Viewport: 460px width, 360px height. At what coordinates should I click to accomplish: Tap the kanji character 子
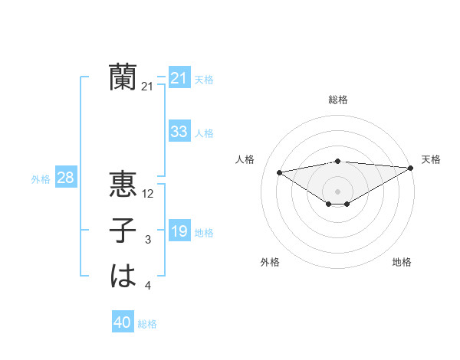[x=123, y=231]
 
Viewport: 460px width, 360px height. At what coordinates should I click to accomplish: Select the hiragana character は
[x=123, y=277]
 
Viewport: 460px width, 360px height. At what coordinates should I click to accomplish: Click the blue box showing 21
[x=179, y=78]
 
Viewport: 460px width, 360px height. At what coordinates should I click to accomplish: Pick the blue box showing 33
[x=179, y=132]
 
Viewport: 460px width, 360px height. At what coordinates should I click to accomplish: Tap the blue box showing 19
[x=179, y=231]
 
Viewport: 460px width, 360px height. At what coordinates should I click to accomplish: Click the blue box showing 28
[x=65, y=178]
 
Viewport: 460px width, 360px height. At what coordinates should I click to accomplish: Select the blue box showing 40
[x=123, y=322]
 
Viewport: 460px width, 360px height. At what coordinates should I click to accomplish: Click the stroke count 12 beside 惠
[x=149, y=194]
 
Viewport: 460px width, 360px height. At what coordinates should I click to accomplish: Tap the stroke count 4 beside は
[x=148, y=286]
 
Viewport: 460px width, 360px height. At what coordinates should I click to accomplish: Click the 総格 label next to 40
[x=147, y=324]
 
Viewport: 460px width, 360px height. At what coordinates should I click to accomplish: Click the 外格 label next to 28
[x=41, y=179]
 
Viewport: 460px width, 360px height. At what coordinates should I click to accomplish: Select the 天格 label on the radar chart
[x=431, y=159]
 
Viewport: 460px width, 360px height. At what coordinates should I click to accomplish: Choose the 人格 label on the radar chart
[x=245, y=159]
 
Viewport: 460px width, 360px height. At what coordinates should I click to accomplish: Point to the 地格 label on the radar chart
[x=402, y=262]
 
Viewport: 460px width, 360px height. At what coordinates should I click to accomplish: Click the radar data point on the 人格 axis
[x=279, y=172]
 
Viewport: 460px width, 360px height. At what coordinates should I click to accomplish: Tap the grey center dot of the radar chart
[x=337, y=191]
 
